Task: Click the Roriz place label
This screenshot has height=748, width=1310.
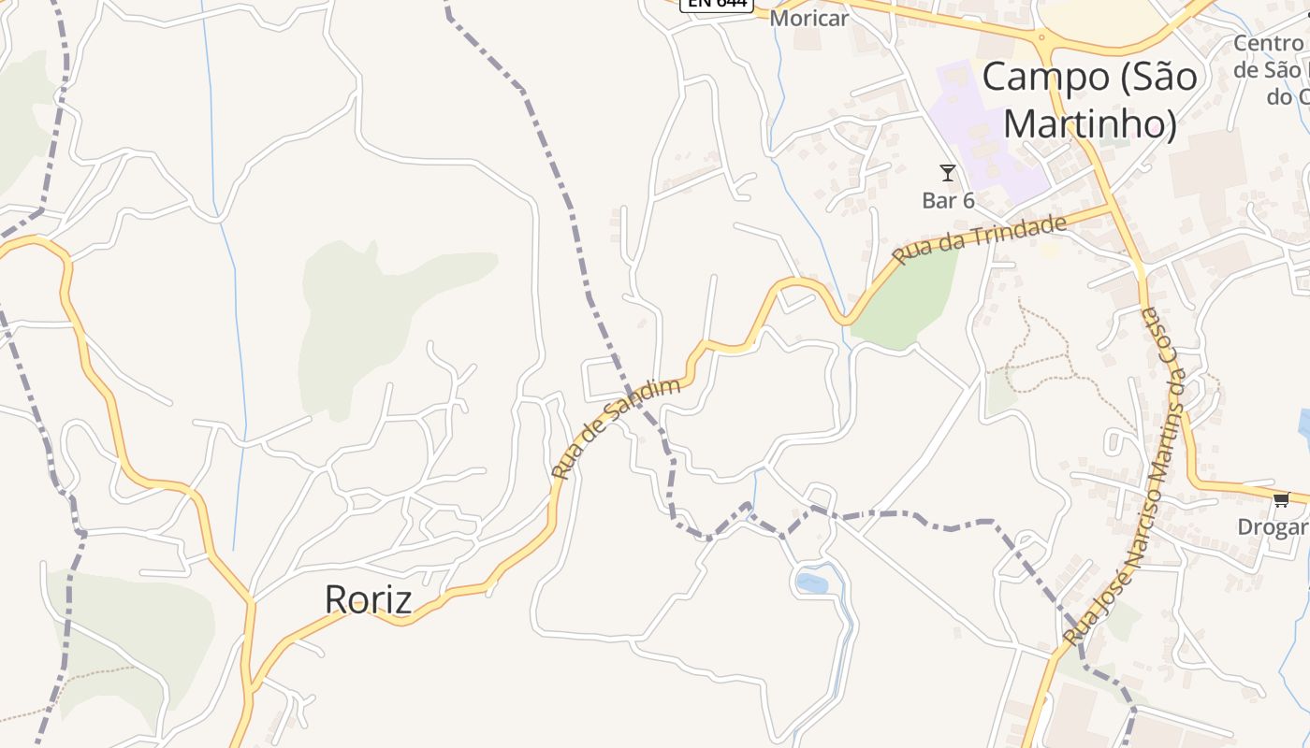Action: pos(368,599)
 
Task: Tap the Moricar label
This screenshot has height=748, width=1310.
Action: pos(808,18)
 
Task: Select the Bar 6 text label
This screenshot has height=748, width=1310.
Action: pos(948,200)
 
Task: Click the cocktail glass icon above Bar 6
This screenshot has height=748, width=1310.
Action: pos(948,173)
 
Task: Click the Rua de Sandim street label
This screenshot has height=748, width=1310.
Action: pos(615,428)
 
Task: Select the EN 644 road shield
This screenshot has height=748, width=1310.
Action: pos(717,4)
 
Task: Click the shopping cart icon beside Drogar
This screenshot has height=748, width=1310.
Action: pos(1281,499)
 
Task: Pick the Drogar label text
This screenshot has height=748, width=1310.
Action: pos(1273,526)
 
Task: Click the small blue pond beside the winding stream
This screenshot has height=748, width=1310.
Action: pos(811,583)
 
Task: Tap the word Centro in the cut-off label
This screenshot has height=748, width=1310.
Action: pos(1268,43)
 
